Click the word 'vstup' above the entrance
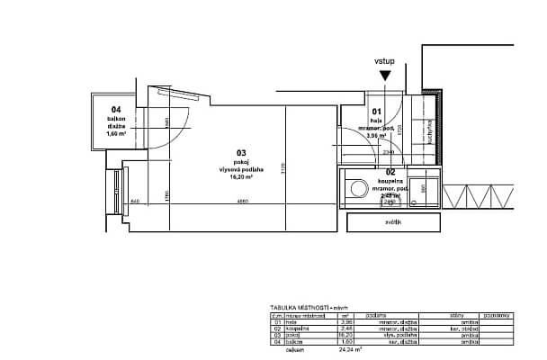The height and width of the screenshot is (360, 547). [384, 62]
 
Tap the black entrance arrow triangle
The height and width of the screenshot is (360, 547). [385, 77]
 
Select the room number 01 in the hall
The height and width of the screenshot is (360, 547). [378, 111]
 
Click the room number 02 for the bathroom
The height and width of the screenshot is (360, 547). [390, 171]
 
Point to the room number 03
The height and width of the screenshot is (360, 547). [241, 153]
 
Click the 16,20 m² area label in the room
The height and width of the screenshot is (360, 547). [241, 177]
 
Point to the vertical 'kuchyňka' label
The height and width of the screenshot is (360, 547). [430, 136]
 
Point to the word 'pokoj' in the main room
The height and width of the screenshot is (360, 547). [241, 161]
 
